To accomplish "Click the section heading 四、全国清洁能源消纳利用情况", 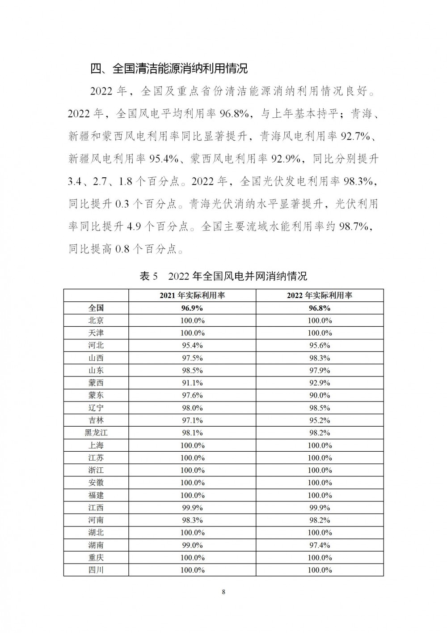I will pos(169,69).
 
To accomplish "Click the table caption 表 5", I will pos(149,276).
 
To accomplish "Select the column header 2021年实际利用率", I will pos(192,295).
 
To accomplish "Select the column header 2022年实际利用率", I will pos(320,295).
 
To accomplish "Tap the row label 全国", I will pos(96,308).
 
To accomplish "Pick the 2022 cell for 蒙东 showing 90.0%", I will pos(320,395).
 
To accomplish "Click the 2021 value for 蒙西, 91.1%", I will pos(192,383).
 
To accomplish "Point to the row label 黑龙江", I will pos(96,433).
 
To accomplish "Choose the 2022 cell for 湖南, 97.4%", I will pos(320,545).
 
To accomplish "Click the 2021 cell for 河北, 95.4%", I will pos(192,346).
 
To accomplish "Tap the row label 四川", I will pos(96,570).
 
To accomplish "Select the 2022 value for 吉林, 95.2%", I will pos(320,420).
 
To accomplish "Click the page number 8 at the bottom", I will pos(223,592).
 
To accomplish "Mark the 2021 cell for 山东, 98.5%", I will pos(192,370).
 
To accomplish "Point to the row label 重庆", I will pos(96,558).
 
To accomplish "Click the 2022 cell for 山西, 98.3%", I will pos(320,358).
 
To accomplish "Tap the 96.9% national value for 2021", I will pos(192,308).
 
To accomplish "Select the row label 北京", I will pos(96,321).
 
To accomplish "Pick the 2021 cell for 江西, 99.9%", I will pos(192,508).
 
